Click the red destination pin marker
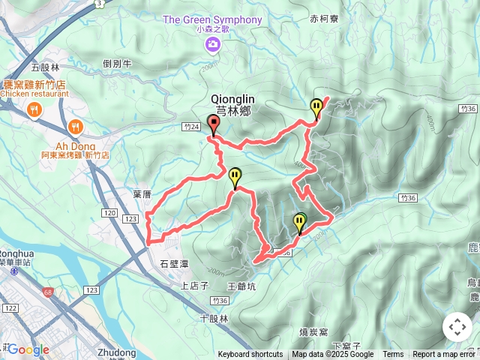coord(212,124)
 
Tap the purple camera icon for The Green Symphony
coord(213,46)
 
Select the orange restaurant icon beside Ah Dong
coord(75,127)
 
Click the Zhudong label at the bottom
coord(116,352)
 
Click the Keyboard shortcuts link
coord(250,355)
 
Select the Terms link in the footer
coord(393,355)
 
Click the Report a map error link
coord(445,355)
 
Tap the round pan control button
coord(457,327)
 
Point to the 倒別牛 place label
coord(118,64)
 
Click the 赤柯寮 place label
coord(324,19)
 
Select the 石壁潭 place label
coord(174,264)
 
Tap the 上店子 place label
coord(194,286)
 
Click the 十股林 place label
coord(214,318)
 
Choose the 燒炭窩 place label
coord(313,331)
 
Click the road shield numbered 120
coord(109,214)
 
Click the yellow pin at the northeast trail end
coord(316,107)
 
